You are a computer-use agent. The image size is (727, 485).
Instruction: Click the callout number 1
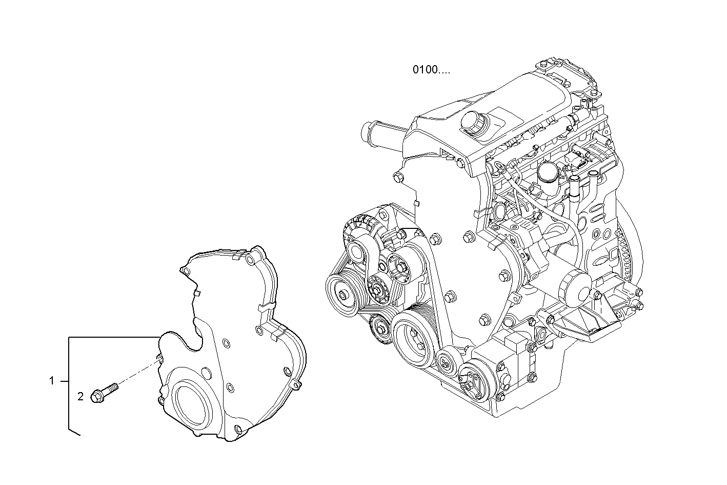click(x=51, y=381)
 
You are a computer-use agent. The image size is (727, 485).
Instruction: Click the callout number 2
click(x=80, y=396)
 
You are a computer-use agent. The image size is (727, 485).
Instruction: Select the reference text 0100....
click(x=431, y=70)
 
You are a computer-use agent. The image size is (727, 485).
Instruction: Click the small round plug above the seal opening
click(x=206, y=372)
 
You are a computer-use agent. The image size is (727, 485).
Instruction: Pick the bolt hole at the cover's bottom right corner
click(x=237, y=429)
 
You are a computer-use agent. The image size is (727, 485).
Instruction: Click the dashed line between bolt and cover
click(x=136, y=374)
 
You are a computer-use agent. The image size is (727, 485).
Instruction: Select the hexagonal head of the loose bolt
click(x=96, y=396)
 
